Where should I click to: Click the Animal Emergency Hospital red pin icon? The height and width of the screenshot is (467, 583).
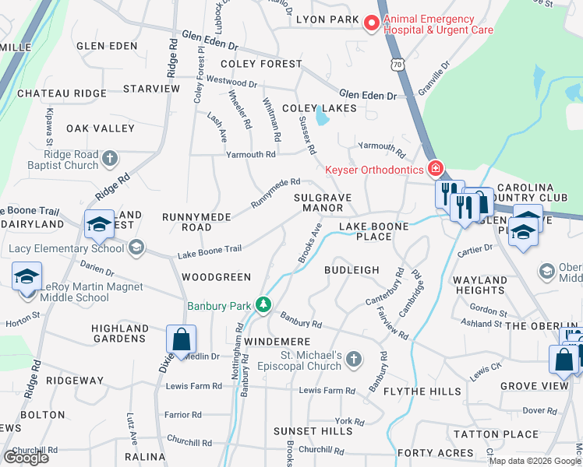(372, 23)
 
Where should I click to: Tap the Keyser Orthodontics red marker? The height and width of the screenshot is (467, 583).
(435, 168)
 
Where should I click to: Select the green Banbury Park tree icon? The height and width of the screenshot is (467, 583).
(264, 305)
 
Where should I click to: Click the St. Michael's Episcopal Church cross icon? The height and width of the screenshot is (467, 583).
(354, 359)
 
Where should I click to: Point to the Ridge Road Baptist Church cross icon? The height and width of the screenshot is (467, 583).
(110, 159)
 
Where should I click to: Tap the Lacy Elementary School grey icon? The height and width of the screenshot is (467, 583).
(136, 248)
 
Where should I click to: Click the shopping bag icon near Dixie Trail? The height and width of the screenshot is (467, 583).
(181, 340)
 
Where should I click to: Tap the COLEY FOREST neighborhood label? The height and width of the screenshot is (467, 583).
(260, 64)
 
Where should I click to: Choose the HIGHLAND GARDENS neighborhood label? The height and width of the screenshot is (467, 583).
(119, 334)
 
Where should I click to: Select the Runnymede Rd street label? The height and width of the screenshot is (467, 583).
(274, 193)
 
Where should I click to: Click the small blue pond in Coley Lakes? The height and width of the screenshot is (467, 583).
(322, 118)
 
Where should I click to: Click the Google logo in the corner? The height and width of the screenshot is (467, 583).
(26, 458)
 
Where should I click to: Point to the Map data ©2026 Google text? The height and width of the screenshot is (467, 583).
(535, 461)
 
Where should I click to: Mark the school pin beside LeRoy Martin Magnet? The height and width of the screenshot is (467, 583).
(26, 277)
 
